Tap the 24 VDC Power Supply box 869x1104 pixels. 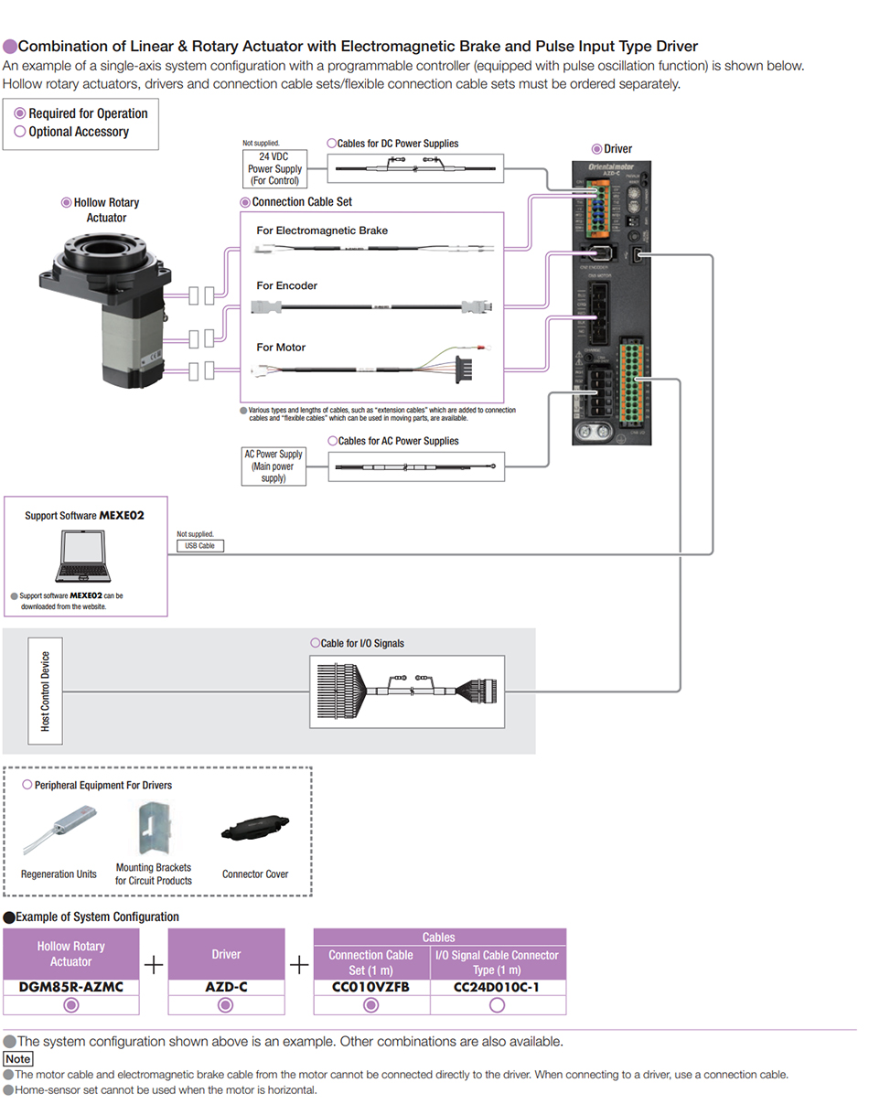tap(274, 168)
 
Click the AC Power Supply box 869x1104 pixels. tap(273, 466)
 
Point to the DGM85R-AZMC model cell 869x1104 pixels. tap(71, 987)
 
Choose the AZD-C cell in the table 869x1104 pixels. tap(226, 987)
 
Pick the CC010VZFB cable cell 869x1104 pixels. tap(370, 987)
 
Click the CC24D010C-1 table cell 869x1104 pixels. tap(497, 987)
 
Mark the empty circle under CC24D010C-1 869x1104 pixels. tap(497, 1005)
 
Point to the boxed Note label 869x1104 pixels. tap(18, 1058)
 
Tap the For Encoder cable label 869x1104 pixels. tap(286, 285)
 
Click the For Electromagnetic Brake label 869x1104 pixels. tap(322, 230)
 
